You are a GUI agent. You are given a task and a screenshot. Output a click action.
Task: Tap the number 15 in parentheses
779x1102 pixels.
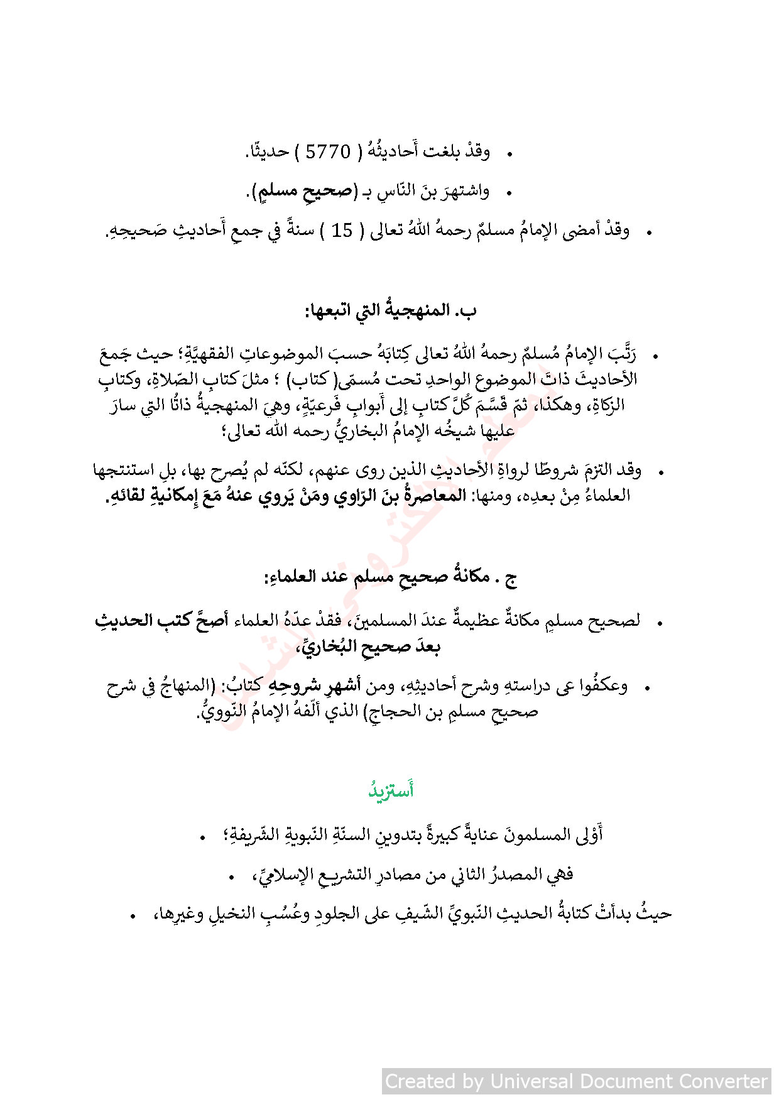342,231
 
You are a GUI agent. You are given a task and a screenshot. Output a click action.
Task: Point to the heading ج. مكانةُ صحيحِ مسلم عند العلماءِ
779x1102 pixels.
390,577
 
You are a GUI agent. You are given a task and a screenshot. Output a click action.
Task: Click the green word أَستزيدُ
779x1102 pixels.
391,790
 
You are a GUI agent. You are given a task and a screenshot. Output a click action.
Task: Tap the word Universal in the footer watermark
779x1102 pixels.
531,1081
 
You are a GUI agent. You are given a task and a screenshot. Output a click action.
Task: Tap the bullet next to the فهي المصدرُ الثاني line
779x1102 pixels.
232,876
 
